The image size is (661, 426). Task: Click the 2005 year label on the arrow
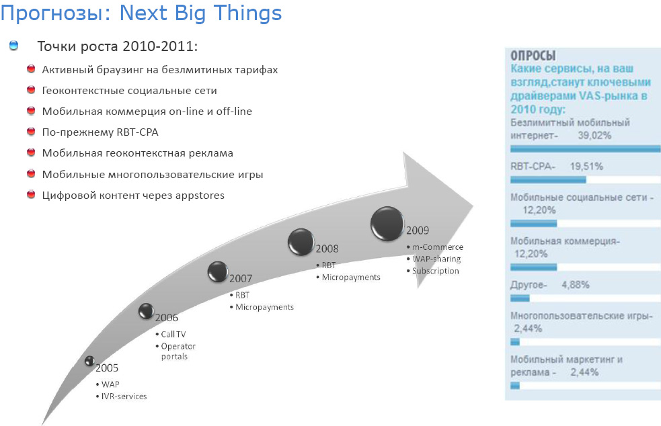[x=107, y=368]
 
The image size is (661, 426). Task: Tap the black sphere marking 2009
[x=387, y=224]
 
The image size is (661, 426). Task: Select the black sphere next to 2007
[x=218, y=271]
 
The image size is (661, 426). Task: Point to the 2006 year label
[x=167, y=317]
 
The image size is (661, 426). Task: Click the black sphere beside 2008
[x=301, y=242]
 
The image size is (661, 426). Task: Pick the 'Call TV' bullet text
[x=173, y=334]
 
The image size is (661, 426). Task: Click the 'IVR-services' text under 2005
[x=124, y=396]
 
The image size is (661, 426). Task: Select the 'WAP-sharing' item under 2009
[x=436, y=259]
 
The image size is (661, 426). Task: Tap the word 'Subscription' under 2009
[x=436, y=271]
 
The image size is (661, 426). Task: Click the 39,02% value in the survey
[x=594, y=135]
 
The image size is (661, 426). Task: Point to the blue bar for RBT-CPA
[x=548, y=180]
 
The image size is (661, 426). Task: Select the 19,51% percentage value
[x=586, y=167]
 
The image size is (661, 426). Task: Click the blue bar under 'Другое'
[x=520, y=298]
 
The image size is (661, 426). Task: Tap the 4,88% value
[x=576, y=285]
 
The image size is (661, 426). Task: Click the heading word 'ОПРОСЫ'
[x=533, y=56]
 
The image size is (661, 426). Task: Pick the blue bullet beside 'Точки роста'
[x=14, y=46]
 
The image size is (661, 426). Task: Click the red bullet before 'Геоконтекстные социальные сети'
[x=31, y=90]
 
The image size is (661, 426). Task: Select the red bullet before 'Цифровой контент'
[x=31, y=195]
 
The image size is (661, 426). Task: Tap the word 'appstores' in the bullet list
[x=200, y=196]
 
